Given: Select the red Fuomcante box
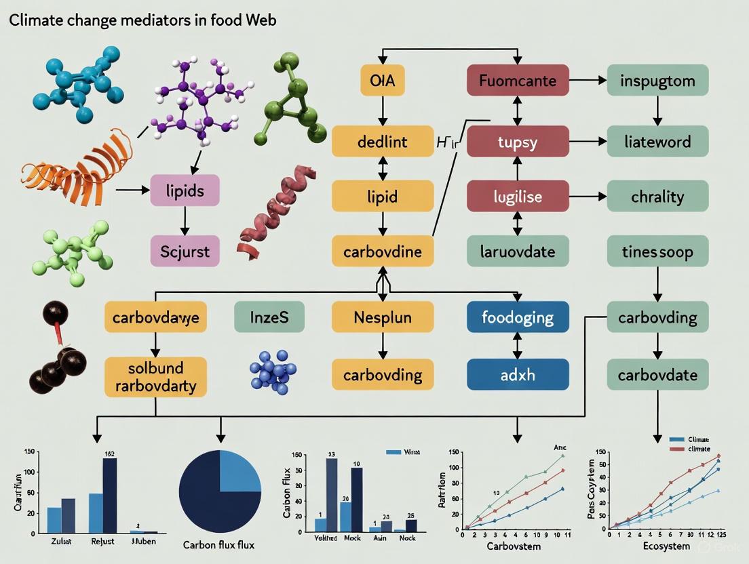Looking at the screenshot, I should [x=518, y=81].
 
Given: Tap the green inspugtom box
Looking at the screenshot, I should [x=657, y=81].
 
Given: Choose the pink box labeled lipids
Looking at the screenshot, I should [x=185, y=190].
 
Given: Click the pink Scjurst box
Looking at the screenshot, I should [x=185, y=252].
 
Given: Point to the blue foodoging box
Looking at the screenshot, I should [x=518, y=317].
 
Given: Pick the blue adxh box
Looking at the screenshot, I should [x=518, y=374].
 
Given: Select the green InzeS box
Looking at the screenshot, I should [x=269, y=317].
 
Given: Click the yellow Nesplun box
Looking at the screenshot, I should [x=383, y=317].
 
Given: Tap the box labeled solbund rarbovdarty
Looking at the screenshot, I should [x=155, y=377].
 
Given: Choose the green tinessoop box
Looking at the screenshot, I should [x=657, y=252].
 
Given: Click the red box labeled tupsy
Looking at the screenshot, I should [x=518, y=142].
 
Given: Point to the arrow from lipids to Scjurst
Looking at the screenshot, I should [x=185, y=221].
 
